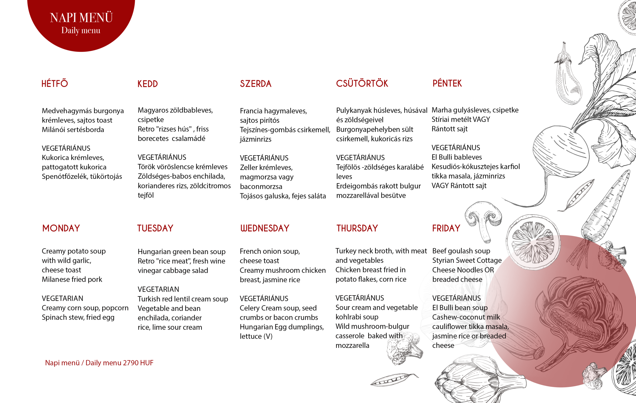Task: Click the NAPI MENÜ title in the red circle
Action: [x=81, y=18]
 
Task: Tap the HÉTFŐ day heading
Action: [x=55, y=83]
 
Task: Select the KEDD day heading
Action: [x=148, y=84]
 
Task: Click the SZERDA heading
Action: [x=255, y=84]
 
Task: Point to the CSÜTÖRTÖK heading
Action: [x=362, y=83]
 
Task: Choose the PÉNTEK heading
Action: [x=447, y=83]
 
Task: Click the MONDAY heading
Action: [x=61, y=228]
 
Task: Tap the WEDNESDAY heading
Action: [x=265, y=228]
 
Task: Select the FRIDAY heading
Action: [x=446, y=228]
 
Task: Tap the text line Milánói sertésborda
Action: [x=73, y=130]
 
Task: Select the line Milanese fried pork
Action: [x=72, y=280]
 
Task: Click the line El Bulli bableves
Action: [x=457, y=157]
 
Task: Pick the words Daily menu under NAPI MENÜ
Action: [x=81, y=31]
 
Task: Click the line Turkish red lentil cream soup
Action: [x=183, y=299]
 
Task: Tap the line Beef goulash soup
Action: [x=461, y=251]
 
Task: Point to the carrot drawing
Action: [x=605, y=209]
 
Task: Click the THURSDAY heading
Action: [x=357, y=228]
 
